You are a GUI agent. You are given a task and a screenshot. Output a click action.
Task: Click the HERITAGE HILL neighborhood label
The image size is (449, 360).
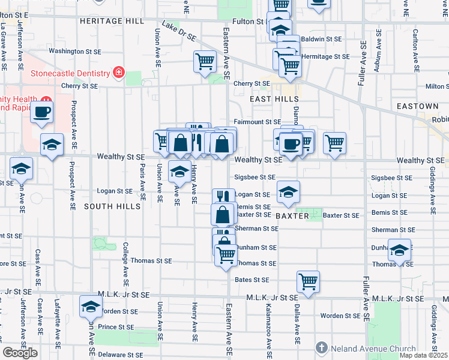(112, 20)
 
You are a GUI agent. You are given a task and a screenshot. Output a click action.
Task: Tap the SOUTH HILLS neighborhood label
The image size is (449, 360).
(112, 206)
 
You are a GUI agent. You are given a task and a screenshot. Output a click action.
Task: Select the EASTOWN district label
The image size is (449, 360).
(417, 106)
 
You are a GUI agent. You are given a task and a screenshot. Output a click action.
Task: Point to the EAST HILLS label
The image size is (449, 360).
(270, 98)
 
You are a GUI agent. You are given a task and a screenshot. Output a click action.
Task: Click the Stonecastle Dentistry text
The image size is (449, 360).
(71, 74)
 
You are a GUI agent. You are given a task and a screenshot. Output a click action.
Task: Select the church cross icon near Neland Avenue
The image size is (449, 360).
(322, 348)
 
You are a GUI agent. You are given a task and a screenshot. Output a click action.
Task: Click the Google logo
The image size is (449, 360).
(20, 353)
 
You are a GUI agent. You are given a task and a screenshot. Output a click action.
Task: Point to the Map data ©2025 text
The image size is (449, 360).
(423, 355)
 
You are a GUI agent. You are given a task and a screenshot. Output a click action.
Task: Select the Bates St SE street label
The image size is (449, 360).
(252, 280)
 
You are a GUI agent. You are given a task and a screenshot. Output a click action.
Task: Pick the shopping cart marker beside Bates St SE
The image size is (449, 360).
(307, 280)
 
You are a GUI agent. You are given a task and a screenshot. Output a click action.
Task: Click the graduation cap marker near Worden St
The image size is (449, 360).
(91, 307)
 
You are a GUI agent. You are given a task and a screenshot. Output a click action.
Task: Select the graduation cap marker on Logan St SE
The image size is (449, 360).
(288, 192)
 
